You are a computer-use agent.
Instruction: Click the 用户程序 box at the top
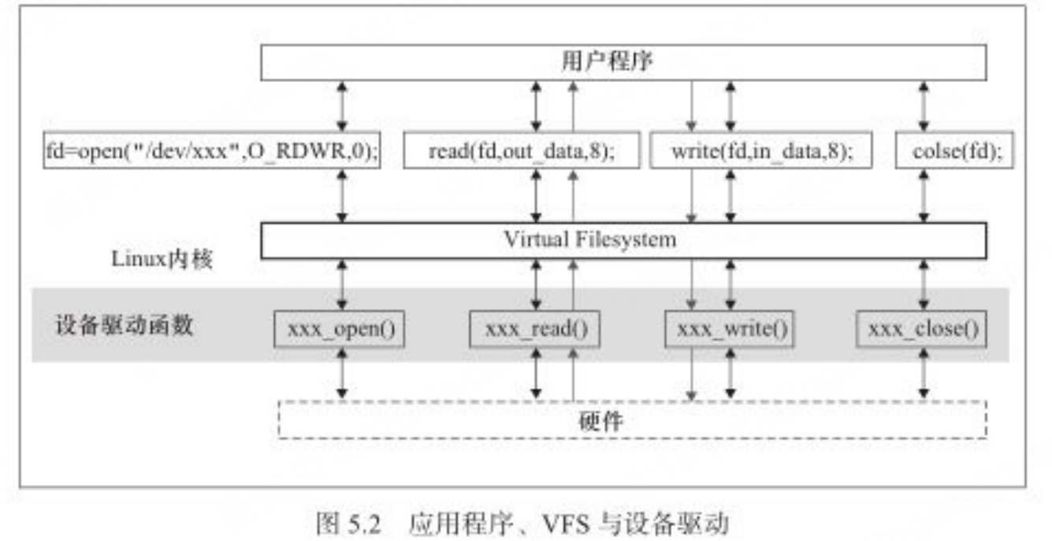pos(623,61)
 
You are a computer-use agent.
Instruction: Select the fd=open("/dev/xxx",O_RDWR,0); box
pos(211,151)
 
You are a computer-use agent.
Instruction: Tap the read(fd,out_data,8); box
pos(521,151)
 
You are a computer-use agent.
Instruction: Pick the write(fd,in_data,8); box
pos(760,151)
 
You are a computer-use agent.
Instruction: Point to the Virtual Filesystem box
pos(623,241)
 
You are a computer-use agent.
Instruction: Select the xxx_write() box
pos(729,328)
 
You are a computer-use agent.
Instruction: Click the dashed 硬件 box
pos(633,420)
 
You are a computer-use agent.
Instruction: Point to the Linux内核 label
pos(162,259)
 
